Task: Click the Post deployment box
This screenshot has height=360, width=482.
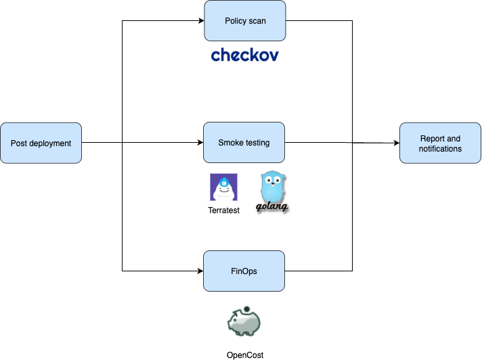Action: coord(41,143)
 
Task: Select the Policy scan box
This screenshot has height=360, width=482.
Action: coord(244,21)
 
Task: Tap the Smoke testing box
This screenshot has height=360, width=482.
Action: coord(244,143)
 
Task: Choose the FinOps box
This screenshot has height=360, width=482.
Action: coord(244,271)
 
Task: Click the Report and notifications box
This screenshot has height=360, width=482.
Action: coord(440,143)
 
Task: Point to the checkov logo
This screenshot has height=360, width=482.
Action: coord(244,55)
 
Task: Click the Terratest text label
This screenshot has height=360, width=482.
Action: coord(223,210)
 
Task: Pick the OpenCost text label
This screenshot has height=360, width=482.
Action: coord(244,355)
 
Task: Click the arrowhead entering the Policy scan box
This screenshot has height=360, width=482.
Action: coord(200,21)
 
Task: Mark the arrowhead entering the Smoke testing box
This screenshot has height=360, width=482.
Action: coord(200,143)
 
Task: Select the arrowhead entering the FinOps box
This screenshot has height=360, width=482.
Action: coord(200,271)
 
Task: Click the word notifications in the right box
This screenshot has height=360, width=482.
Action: coord(440,148)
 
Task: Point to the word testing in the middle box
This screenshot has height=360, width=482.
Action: coord(257,143)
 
